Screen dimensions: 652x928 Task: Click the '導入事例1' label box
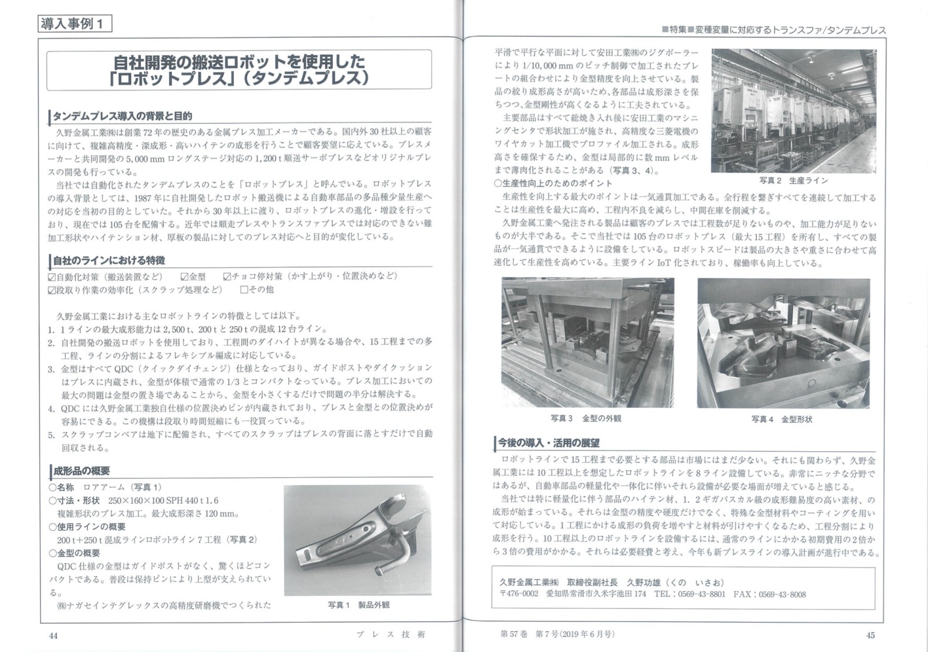[72, 24]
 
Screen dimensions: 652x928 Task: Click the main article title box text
[238, 69]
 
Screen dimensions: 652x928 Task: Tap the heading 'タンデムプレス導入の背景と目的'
[122, 116]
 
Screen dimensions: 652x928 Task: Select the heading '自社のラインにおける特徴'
[109, 260]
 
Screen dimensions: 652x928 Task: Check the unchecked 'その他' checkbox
[244, 289]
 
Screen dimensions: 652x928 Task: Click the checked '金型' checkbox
[184, 277]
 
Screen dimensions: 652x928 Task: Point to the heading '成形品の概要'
[81, 471]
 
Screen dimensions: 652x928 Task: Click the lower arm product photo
[357, 540]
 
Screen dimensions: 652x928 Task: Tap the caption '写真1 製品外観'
[358, 605]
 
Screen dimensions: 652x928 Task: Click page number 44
[53, 636]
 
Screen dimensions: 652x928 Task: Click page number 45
[870, 635]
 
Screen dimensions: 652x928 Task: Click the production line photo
[793, 110]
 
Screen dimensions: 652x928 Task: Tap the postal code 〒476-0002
[519, 595]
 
